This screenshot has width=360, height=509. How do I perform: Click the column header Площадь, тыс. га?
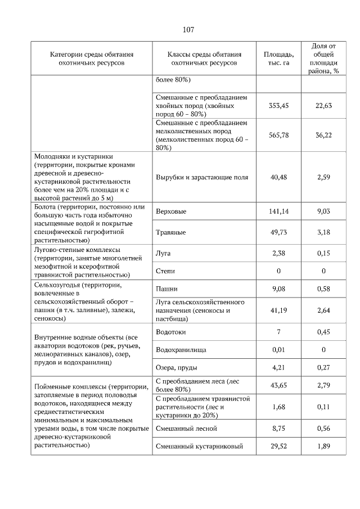(278, 58)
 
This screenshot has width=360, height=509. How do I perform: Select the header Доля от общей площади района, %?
(323, 58)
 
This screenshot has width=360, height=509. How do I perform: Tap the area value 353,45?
(278, 105)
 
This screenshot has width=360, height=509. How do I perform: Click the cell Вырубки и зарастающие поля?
(201, 177)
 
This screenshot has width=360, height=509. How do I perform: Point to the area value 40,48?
(278, 177)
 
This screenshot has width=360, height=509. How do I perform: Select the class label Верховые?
(171, 211)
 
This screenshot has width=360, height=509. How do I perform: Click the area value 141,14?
(278, 211)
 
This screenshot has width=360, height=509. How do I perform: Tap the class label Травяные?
(171, 232)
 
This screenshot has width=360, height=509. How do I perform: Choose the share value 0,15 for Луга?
(323, 253)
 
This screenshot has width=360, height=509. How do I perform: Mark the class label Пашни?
(166, 289)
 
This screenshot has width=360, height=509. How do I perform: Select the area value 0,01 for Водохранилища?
(278, 350)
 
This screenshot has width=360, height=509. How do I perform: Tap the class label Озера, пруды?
(177, 368)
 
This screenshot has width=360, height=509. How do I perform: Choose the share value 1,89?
(323, 447)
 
